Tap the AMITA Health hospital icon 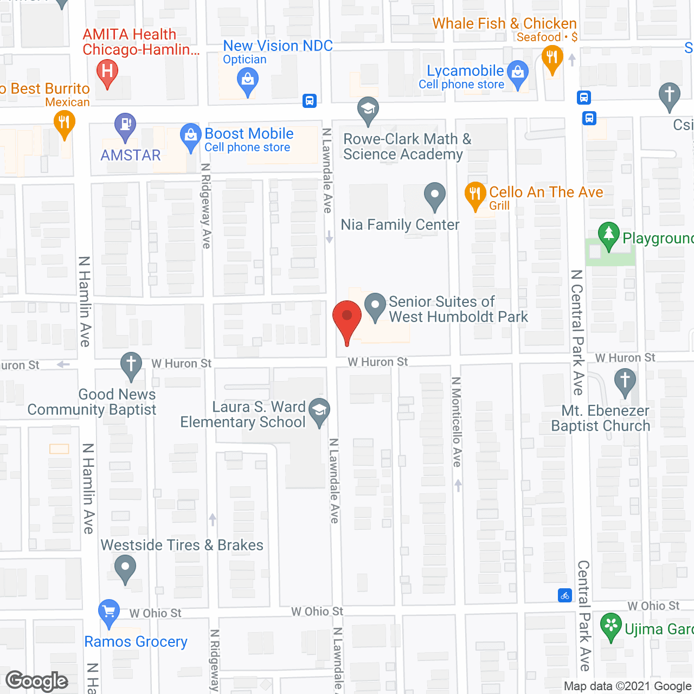coord(107,72)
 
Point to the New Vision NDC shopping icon coord(248,81)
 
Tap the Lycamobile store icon coord(518,73)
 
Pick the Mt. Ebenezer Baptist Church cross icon coord(625,380)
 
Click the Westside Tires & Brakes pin coord(126,568)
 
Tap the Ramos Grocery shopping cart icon coord(109,612)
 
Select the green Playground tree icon coord(609,235)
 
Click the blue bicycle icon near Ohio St coord(565,595)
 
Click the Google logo coord(37,681)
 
